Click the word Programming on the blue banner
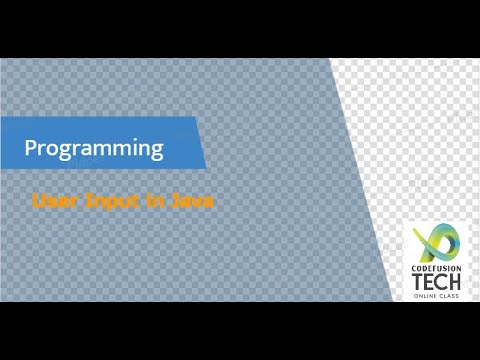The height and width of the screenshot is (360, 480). pos(94,149)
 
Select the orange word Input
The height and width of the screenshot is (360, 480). pos(110,201)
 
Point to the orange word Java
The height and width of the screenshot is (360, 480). pos(192,200)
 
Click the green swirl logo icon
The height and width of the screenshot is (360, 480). pos(436,241)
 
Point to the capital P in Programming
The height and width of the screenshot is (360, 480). pos(31,149)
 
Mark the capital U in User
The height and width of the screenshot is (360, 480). pos(39,200)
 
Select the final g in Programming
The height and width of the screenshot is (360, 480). pos(156,151)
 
